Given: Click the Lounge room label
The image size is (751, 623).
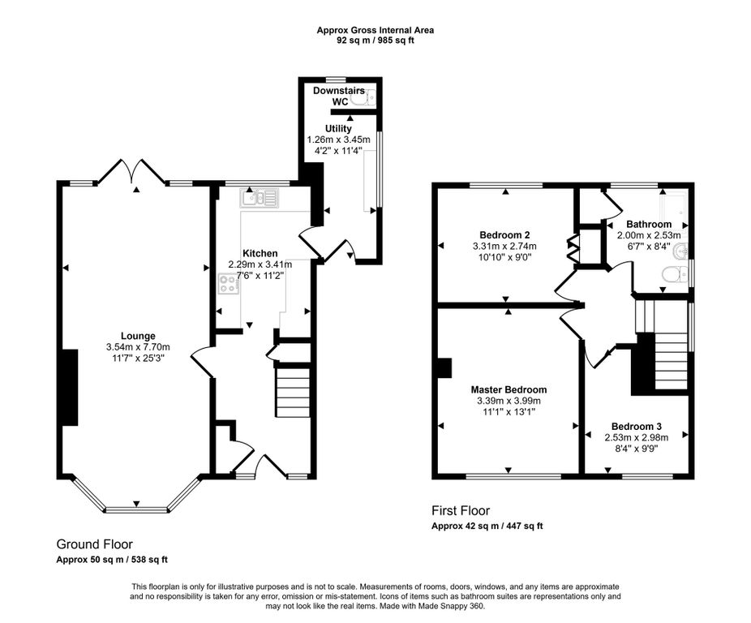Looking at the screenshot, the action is (x=138, y=337).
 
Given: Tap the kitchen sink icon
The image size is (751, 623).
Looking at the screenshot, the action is (x=260, y=199).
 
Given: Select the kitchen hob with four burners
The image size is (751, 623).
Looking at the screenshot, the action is (x=230, y=283).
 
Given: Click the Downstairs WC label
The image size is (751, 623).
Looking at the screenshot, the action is (x=339, y=96).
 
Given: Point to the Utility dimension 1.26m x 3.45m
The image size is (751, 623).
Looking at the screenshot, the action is (x=339, y=140).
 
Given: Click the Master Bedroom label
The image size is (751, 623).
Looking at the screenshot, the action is (x=509, y=389).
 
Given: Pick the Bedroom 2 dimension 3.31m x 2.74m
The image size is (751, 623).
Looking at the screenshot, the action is (x=504, y=247).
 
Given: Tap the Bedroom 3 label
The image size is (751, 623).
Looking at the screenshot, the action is (x=637, y=427).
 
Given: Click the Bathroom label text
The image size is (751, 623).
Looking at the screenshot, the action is (x=649, y=224).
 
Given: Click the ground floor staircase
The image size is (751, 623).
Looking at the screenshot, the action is (x=293, y=392).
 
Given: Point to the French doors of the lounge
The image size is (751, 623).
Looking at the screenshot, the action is (x=131, y=171).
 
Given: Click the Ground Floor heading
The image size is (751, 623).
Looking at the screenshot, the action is (x=94, y=544).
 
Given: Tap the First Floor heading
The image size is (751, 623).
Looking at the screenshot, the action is (x=461, y=511).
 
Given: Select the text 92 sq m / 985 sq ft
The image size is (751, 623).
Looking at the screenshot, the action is (x=375, y=41).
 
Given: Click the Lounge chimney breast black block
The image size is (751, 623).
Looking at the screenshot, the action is (x=70, y=387).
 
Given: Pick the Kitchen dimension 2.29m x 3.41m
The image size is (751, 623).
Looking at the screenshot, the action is (x=260, y=264).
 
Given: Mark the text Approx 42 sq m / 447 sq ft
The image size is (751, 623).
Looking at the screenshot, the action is (x=487, y=526).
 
